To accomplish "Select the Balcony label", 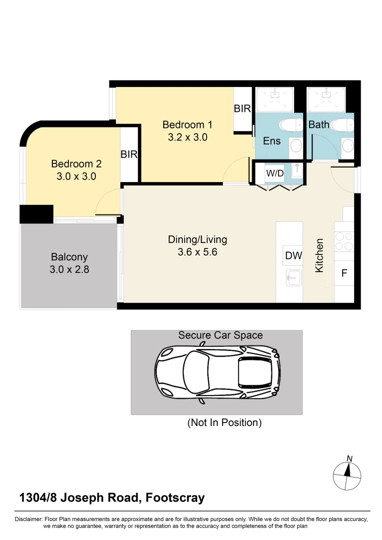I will pos(69,257).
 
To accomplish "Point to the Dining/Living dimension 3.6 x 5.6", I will pos(197,252).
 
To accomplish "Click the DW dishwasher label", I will pos(294,256).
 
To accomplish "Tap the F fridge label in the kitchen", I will pos(344,273).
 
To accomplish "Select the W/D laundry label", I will pos(275,173).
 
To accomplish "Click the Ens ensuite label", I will pos(272,141).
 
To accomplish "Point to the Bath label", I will pos(319,124).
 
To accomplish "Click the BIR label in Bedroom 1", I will pos(243,108).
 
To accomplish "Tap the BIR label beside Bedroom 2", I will pos(129,154).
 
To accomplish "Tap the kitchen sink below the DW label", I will pos(293,275).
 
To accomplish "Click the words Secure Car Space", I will pos(220,335).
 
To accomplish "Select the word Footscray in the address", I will pos(175,498).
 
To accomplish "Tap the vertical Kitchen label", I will pos(320,255).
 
